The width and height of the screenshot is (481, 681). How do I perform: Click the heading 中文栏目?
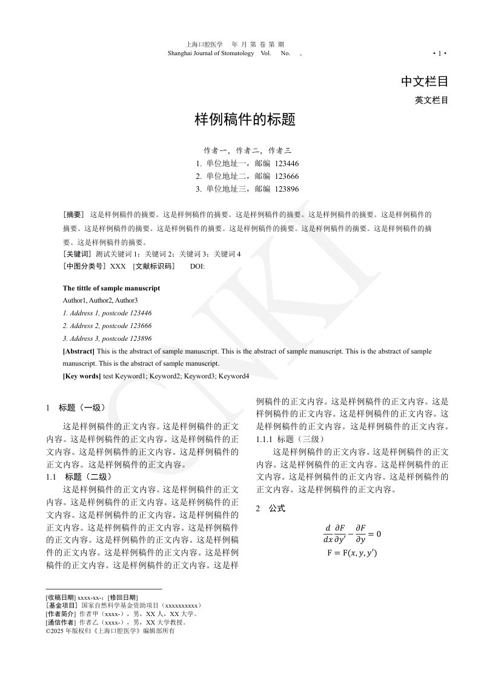point(424,81)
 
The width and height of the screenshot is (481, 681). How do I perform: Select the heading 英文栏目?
point(431,100)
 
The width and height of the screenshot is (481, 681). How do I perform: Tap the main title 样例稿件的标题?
point(245,119)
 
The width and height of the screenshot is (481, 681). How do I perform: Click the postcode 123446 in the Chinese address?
point(287,164)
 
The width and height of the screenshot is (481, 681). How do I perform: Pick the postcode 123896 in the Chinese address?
point(287,189)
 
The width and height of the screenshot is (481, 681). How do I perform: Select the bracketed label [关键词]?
point(77,254)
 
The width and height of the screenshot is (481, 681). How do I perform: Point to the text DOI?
point(197,266)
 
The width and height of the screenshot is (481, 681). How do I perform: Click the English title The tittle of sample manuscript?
point(111,288)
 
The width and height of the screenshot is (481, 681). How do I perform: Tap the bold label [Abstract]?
point(79,351)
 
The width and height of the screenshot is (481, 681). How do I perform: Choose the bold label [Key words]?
point(82,376)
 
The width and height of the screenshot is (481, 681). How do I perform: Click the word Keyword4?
point(234,376)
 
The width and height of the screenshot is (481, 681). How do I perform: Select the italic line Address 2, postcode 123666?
point(107,326)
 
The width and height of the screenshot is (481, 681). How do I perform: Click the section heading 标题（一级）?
point(82,408)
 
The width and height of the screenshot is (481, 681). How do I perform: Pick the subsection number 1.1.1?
point(265,438)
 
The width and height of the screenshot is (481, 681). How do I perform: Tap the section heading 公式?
point(277,508)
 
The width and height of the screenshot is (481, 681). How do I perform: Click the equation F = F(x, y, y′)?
point(352,552)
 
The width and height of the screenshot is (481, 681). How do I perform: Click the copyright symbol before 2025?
point(48,631)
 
